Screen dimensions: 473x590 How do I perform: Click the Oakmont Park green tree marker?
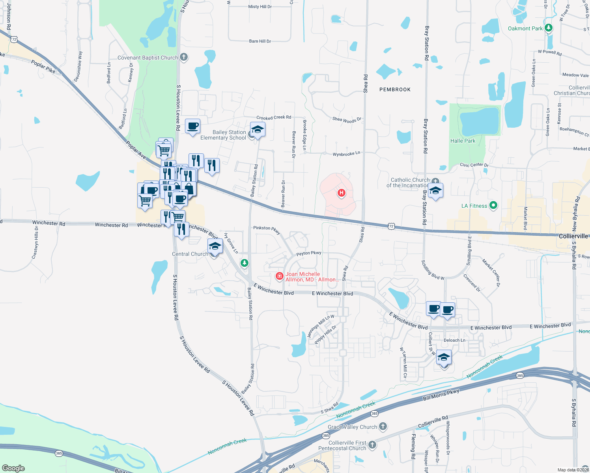pos(548,28)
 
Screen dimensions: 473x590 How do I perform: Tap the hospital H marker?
pos(341,193)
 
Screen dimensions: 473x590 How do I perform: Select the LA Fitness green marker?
pos(493,205)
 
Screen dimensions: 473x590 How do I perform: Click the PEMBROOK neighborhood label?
pos(395,89)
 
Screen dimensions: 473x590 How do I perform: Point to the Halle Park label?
pos(463,141)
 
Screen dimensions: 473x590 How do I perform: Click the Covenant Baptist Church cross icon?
pos(183,57)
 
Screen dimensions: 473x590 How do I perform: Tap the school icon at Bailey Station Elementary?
pos(257,130)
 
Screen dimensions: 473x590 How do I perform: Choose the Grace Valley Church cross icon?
pos(383,426)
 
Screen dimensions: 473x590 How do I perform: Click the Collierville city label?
pos(573,236)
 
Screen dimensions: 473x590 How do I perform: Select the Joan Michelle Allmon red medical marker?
pos(280,276)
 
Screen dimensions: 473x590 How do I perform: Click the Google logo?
pos(13,468)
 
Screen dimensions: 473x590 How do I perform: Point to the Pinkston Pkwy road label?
pos(267,229)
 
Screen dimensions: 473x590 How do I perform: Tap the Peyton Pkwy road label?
pos(309,253)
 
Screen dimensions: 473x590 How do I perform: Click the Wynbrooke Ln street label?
pos(346,154)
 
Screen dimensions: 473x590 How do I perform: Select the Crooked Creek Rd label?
pos(274,117)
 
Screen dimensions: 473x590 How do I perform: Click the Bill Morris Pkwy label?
pos(441,395)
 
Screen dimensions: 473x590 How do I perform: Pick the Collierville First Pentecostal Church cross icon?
pos(372,445)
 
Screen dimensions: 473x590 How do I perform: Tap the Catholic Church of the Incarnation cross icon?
pos(435,181)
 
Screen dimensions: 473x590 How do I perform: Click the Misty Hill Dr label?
pos(260,7)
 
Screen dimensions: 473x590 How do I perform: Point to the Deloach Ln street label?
pos(454,340)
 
